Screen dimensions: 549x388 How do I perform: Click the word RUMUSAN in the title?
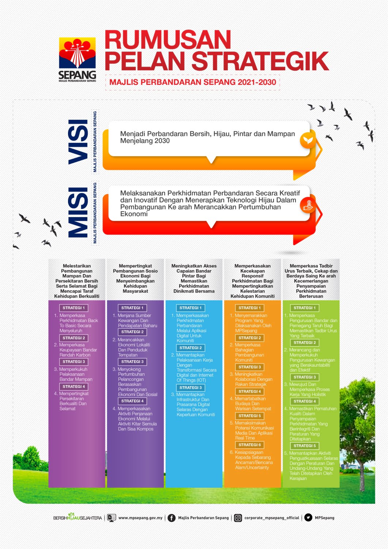pyautogui.click(x=168, y=40)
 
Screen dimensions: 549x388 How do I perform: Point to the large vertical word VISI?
pyautogui.click(x=78, y=141)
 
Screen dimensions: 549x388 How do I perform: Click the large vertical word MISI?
pyautogui.click(x=78, y=213)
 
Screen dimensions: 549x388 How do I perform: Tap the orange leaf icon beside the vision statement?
pyautogui.click(x=308, y=140)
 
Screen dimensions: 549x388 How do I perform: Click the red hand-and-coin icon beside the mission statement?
pyautogui.click(x=308, y=205)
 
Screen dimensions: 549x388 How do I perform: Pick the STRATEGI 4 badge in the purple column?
pyautogui.click(x=74, y=386)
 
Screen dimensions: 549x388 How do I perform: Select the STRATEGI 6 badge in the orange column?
pyautogui.click(x=250, y=445)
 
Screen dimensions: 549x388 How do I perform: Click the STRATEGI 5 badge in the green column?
pyautogui.click(x=305, y=446)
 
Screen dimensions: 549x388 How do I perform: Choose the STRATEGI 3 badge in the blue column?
pyautogui.click(x=191, y=388)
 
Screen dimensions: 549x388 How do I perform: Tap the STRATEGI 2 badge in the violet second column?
pyautogui.click(x=132, y=332)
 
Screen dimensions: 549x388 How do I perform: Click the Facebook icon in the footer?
pyautogui.click(x=172, y=518)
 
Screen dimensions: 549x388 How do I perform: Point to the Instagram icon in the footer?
pyautogui.click(x=238, y=518)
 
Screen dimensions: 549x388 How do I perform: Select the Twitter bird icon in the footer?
pyautogui.click(x=308, y=518)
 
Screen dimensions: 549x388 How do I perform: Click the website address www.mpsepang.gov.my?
pyautogui.click(x=140, y=518)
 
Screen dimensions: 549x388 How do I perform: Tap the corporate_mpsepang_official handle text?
pyautogui.click(x=272, y=518)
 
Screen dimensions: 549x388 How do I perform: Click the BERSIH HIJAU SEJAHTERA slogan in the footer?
pyautogui.click(x=78, y=518)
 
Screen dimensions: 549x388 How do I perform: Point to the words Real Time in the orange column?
pyautogui.click(x=245, y=438)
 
